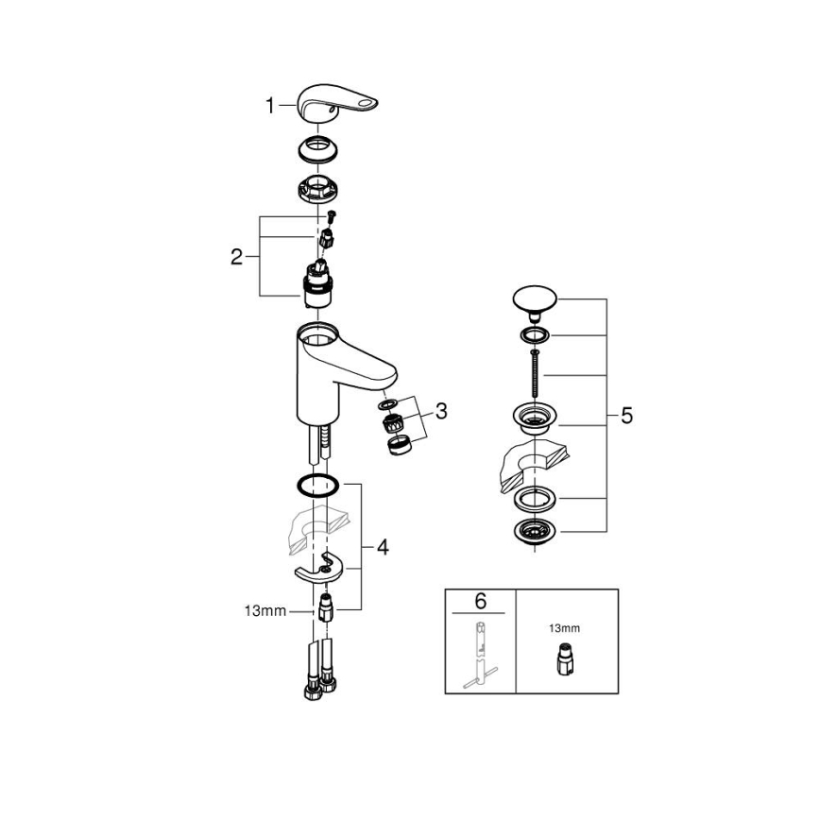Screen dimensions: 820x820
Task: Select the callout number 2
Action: click(x=237, y=256)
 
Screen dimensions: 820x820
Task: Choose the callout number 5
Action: click(x=626, y=416)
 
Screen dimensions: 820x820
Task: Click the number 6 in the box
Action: click(x=481, y=601)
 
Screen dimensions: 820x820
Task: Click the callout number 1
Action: click(x=270, y=107)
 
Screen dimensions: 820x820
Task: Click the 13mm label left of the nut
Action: click(x=265, y=611)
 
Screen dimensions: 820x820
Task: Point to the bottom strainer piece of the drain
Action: click(x=535, y=532)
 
